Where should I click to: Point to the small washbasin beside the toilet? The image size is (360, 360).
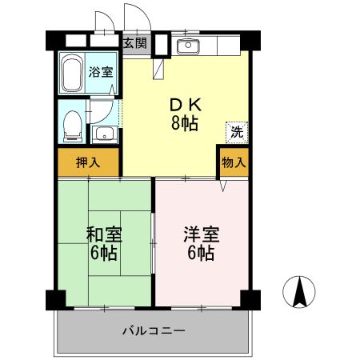(x=105, y=132)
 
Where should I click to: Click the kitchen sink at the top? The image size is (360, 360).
(x=189, y=45)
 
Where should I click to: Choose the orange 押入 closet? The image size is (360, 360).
(x=88, y=162)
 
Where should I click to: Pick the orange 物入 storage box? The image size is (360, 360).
(x=233, y=162)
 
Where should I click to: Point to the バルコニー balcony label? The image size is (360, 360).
(x=154, y=330)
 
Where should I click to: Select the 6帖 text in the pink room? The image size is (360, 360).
(x=201, y=254)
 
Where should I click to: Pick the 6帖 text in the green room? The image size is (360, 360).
(x=103, y=254)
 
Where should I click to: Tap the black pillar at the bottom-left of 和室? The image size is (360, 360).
(x=54, y=299)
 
